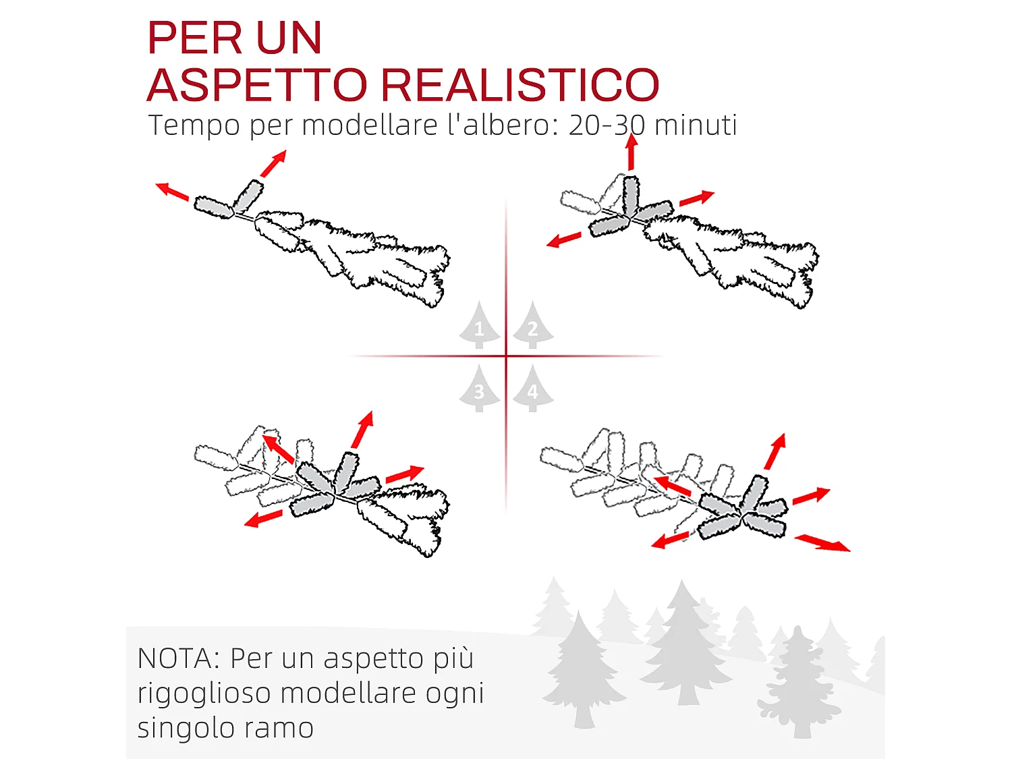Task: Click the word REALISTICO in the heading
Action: coord(520,85)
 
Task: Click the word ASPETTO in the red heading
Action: coord(256,85)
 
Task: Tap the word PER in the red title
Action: coord(190,38)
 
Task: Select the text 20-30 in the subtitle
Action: coord(607,125)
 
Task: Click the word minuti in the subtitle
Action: coord(695,125)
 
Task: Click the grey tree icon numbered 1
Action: coord(480,326)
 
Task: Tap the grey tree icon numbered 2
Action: coord(532,326)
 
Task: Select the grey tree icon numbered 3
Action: coord(480,389)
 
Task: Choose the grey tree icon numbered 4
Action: coord(532,389)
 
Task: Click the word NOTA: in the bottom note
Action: coord(178,658)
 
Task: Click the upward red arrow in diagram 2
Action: coord(631,152)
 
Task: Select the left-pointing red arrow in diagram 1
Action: coord(172,192)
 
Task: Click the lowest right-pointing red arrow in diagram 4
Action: coord(822,542)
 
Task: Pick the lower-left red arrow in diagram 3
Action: coord(263,519)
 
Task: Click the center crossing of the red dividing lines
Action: coord(506,356)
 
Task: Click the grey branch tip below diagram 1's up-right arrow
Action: coord(248,195)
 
